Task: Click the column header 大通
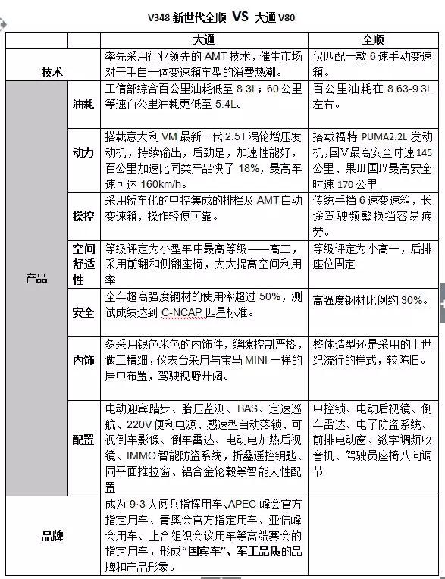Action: pyautogui.click(x=206, y=40)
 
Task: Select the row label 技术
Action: pyautogui.click(x=52, y=71)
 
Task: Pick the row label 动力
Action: pyautogui.click(x=83, y=153)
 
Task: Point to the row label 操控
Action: pyautogui.click(x=83, y=215)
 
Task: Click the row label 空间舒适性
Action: pyautogui.click(x=83, y=264)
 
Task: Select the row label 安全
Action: pyautogui.click(x=83, y=312)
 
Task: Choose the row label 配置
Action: pyautogui.click(x=83, y=440)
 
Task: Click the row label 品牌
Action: pyautogui.click(x=52, y=535)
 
